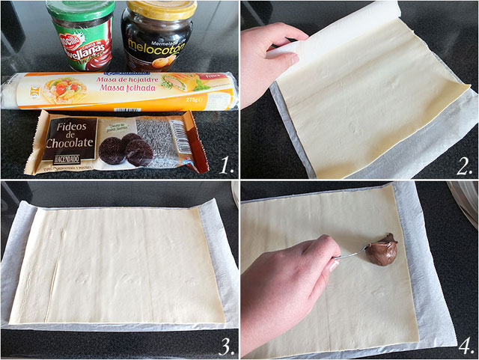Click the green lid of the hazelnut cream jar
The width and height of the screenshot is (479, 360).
coord(80,10)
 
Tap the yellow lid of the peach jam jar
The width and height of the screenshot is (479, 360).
coord(160,8)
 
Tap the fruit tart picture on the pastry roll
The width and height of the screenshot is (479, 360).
coord(64,89)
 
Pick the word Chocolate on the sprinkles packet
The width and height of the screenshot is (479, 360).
coord(70,143)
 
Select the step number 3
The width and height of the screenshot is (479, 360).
coord(222,345)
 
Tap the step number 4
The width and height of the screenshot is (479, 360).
coord(464,345)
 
